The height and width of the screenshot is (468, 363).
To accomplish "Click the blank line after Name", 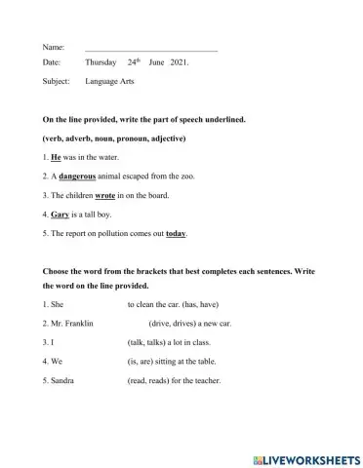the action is click(151, 47).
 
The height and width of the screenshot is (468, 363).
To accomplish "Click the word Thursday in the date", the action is click(101, 63).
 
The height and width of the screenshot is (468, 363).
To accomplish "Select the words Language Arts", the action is click(109, 82).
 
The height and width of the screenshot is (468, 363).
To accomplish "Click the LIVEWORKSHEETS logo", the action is click(305, 458).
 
